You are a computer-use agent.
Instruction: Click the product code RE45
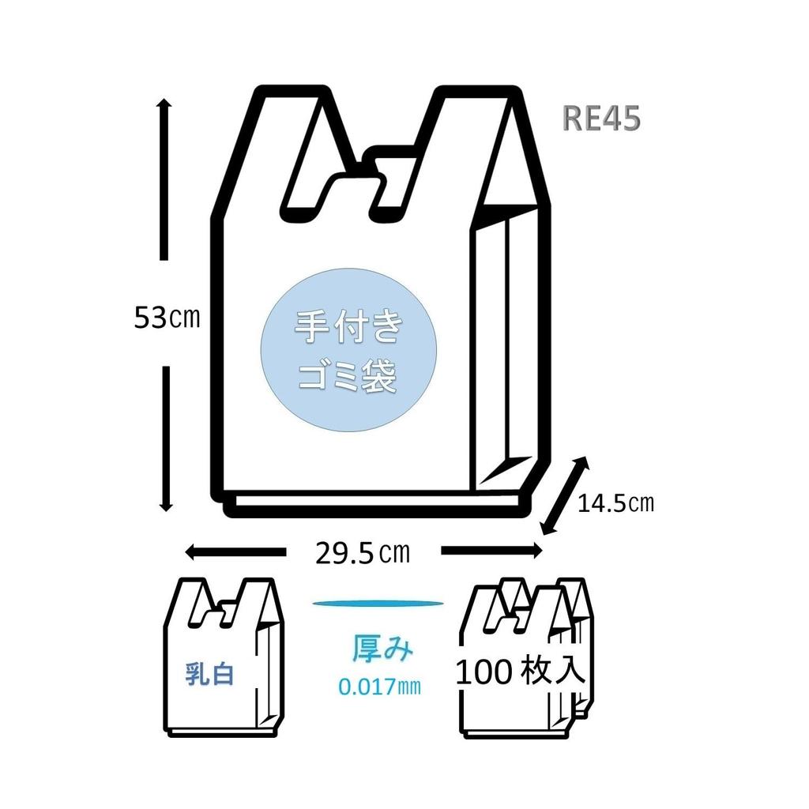pos(601,118)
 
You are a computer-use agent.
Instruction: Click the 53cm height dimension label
pos(166,318)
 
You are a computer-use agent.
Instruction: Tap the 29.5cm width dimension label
pos(363,552)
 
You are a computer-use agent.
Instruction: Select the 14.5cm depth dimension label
pos(615,502)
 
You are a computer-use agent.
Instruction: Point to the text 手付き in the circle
pos(348,326)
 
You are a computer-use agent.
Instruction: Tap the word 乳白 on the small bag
pos(209,673)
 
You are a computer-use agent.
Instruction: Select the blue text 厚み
pos(382,649)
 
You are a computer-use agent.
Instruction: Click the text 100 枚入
pos(520,672)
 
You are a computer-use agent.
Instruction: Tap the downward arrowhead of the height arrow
pos(165,505)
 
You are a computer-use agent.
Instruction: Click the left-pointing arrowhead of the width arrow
pos(192,551)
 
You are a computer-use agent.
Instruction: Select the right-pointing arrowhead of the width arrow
pos(537,551)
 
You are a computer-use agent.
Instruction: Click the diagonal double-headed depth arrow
pos(565,495)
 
